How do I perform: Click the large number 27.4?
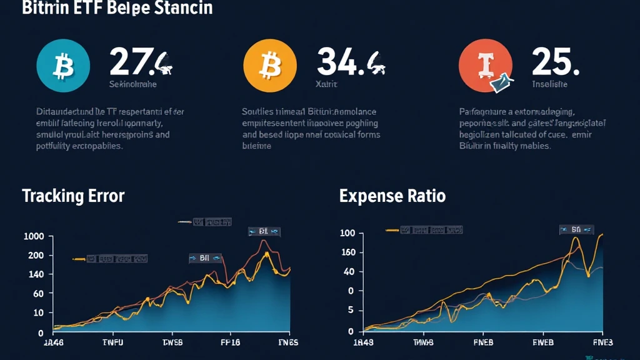(141, 62)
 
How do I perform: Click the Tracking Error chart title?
(73, 196)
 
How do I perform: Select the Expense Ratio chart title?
(392, 196)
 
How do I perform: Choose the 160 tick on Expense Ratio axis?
(348, 253)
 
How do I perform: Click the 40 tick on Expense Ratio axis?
(350, 272)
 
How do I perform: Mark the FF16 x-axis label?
(231, 342)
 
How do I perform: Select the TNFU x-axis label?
(113, 342)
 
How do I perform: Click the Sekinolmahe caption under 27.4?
(133, 84)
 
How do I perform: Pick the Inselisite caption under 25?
(549, 84)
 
